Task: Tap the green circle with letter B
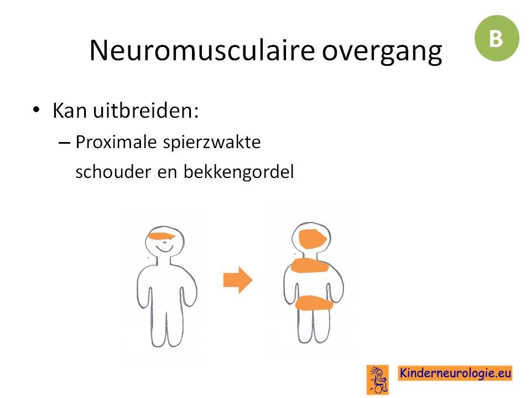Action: click(x=497, y=38)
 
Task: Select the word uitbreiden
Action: click(x=145, y=110)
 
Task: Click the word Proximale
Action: click(x=116, y=142)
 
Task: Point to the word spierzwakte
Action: click(x=212, y=143)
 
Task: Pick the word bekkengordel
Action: click(x=238, y=172)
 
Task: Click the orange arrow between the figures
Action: click(x=238, y=280)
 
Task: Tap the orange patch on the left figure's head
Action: click(x=162, y=236)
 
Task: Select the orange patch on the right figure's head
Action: click(x=312, y=239)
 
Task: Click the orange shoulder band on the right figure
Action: click(x=310, y=265)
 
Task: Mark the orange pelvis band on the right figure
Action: click(x=314, y=303)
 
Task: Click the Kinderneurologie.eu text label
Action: click(x=455, y=373)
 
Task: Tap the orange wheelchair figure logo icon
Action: click(x=378, y=380)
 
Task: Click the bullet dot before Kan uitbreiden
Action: click(x=36, y=109)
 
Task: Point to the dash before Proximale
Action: click(x=64, y=143)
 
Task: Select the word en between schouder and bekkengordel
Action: click(x=167, y=172)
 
